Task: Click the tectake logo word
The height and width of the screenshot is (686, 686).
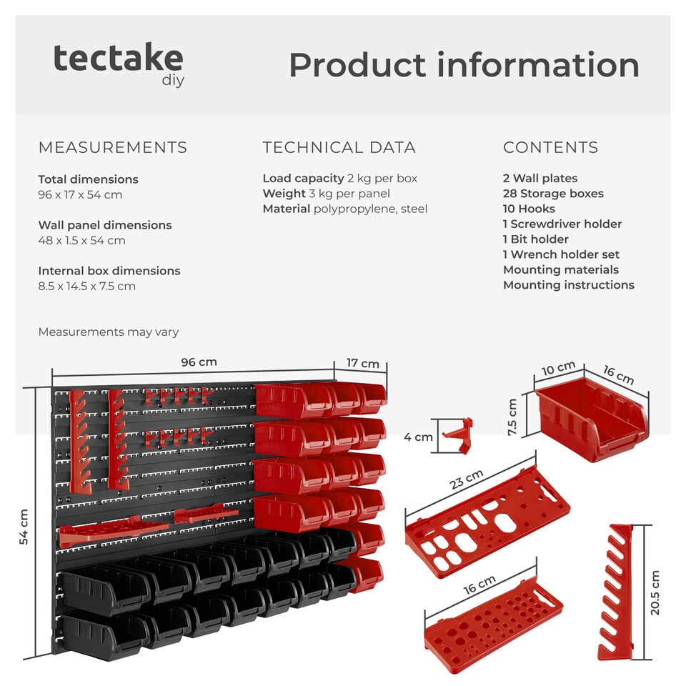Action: coord(118,59)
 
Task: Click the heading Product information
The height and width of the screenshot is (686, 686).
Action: coord(464,65)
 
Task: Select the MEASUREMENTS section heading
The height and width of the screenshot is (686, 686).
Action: coord(112,148)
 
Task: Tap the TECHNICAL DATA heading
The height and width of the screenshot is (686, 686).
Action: coord(339,148)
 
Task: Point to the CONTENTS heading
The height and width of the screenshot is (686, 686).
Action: coord(550,148)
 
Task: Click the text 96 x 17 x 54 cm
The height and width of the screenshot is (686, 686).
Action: coord(80,194)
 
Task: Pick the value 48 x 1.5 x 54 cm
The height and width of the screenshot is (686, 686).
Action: coord(81,240)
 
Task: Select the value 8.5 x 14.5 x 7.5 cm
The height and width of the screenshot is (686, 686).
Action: coord(86,286)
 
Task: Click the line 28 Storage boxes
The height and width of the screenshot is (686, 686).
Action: coord(553,194)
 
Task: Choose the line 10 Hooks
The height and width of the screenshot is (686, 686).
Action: coord(529,209)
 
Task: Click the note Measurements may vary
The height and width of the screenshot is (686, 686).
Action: coord(108,332)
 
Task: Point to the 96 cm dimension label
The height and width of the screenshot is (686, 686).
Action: coord(199,362)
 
